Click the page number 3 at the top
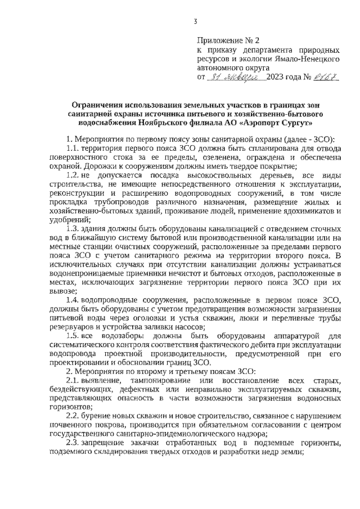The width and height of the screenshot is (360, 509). (x=195, y=22)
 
